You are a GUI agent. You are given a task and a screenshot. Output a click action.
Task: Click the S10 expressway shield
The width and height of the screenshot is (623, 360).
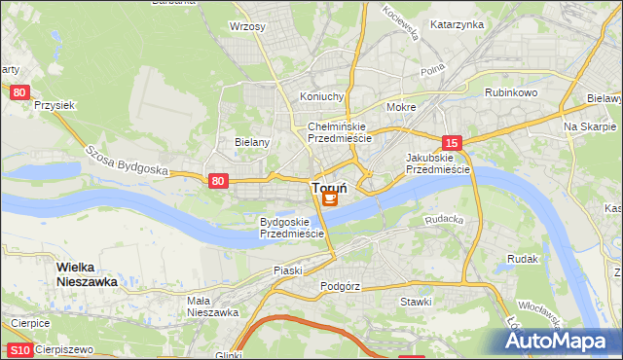(x=18, y=349)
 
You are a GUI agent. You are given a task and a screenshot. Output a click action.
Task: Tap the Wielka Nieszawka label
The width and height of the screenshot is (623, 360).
(x=87, y=273)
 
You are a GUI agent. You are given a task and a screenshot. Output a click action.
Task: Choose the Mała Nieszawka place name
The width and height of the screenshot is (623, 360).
(x=213, y=306)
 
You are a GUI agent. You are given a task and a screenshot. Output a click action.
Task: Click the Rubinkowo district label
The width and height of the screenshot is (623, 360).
(x=511, y=92)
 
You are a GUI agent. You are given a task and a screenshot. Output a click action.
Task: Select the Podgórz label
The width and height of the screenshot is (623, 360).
(x=340, y=287)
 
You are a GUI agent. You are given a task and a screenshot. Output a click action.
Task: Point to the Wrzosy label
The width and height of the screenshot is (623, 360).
(x=247, y=26)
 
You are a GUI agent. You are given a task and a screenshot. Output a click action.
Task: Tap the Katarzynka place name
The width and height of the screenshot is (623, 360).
(x=457, y=24)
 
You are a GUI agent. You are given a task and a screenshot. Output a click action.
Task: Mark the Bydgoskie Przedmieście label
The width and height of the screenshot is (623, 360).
(x=291, y=228)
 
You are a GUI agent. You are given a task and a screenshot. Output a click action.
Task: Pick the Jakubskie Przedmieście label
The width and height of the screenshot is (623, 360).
(x=437, y=162)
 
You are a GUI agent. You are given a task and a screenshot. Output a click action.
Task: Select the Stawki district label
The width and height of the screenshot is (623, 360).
(x=416, y=302)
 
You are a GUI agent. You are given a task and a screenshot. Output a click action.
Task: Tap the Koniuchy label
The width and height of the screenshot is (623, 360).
(x=322, y=96)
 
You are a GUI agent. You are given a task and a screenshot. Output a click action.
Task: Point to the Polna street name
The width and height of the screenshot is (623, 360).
(x=431, y=72)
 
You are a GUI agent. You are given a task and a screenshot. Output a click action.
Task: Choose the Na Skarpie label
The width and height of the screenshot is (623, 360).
(x=590, y=127)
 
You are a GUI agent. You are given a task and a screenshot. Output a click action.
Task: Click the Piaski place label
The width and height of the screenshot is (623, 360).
(x=288, y=270)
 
